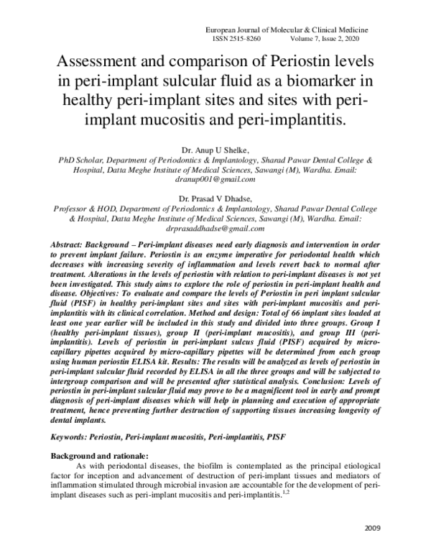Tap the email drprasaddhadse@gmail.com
click(x=215, y=228)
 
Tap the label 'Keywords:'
click(x=71, y=436)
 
